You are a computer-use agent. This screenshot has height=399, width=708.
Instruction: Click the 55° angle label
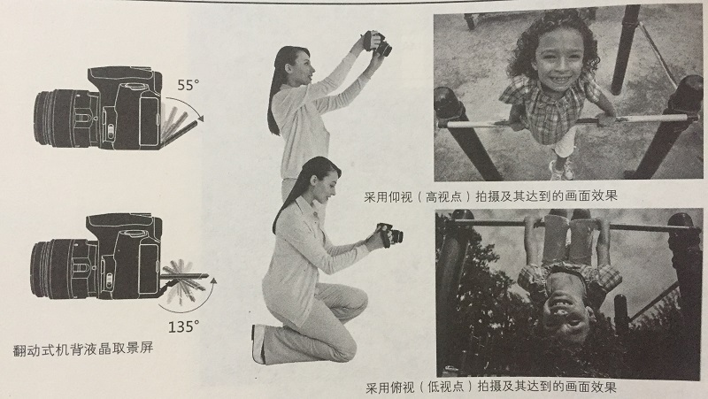tap(188, 86)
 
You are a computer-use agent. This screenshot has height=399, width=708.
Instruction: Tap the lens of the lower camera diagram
tap(50, 265)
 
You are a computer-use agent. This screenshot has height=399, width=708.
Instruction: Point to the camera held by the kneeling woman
tap(386, 236)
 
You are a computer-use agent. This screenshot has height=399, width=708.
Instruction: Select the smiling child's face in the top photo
tap(550, 54)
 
